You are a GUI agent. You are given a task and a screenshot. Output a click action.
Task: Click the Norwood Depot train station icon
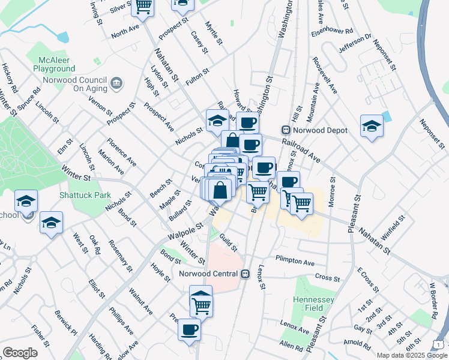coord(286,130)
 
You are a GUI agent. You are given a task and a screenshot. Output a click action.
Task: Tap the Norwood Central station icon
coord(245,274)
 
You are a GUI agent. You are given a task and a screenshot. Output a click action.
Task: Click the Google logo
coord(20,352)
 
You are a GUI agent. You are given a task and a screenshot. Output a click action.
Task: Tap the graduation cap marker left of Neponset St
coord(372,127)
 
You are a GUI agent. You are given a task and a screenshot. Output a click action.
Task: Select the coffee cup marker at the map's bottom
coord(190,329)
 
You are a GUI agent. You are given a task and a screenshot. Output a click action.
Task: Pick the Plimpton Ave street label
coord(295,262)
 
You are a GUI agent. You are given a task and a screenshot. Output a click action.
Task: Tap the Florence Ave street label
coord(122,153)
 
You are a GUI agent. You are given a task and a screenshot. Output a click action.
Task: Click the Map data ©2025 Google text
coord(411,355)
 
